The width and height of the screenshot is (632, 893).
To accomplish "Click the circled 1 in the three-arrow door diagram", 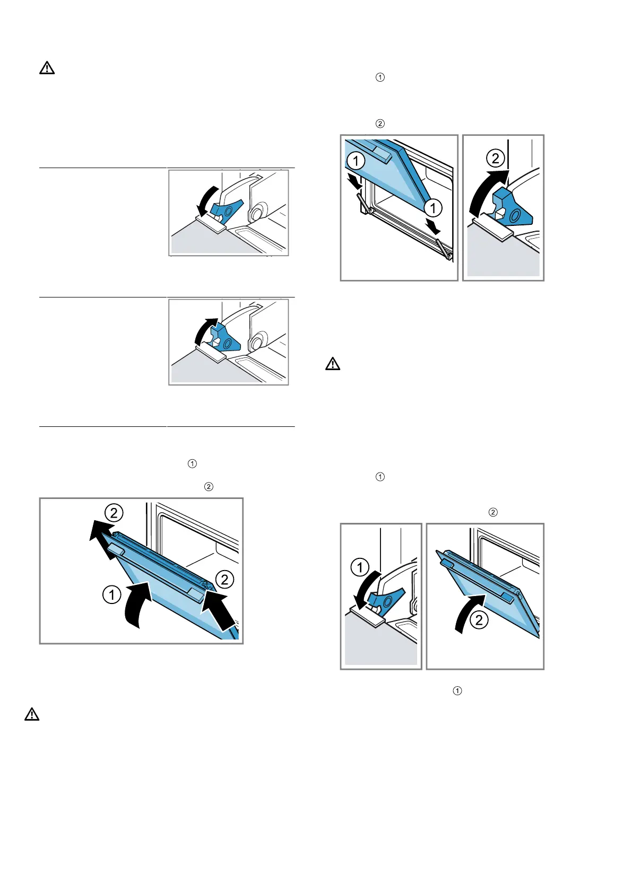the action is tap(111, 594).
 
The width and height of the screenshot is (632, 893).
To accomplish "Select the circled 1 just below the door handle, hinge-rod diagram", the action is tap(356, 161).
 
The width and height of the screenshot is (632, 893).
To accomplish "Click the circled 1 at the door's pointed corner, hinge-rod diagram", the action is tap(433, 207).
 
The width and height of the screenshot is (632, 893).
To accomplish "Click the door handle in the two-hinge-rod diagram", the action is tap(383, 151).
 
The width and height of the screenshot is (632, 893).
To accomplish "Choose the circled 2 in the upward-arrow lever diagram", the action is tap(496, 158).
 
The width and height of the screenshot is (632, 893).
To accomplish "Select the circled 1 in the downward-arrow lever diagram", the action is tap(360, 567).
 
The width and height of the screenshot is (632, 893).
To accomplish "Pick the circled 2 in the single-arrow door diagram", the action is tap(479, 620).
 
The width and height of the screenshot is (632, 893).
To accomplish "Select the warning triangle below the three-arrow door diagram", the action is tap(32, 715).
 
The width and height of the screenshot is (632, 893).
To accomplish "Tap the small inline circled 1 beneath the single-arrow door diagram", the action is tap(457, 691).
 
